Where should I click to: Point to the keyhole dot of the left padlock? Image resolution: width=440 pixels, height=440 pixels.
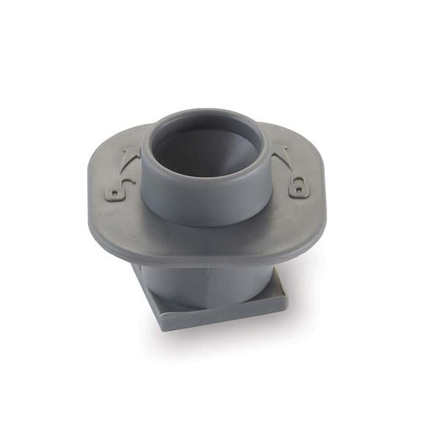pos(116,194)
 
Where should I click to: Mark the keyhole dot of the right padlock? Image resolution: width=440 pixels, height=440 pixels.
pos(298,193)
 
